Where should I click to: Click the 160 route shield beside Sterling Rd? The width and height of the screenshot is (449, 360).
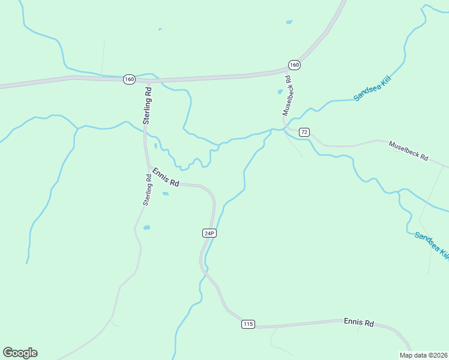point(129,79)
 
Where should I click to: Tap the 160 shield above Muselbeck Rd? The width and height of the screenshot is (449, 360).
point(294,65)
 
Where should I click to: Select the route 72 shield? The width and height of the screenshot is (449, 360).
point(304,132)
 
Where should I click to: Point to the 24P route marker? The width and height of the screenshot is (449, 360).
point(208,233)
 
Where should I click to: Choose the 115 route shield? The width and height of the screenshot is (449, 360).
point(248,324)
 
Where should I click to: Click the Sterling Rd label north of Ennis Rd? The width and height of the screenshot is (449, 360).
point(147,106)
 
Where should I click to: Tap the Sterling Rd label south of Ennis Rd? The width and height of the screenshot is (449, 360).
point(146,190)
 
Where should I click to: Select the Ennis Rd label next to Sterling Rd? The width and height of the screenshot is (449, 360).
point(165,178)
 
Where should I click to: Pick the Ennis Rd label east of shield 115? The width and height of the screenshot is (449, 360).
point(359,322)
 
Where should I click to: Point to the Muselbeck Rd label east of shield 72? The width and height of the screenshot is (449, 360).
point(408,151)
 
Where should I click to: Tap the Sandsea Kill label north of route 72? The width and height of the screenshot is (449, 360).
point(372,88)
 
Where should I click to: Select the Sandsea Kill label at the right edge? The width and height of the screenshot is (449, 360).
point(432,245)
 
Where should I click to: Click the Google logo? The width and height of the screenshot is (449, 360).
point(20,353)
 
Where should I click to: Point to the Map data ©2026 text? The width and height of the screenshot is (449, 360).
point(423,355)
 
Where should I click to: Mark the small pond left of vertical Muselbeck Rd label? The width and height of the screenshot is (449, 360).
point(280,92)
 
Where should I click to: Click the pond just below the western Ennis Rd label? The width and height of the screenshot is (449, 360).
point(165,193)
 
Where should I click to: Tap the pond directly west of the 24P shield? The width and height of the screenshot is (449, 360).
point(146,228)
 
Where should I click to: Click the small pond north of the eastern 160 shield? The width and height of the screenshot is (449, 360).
point(289,22)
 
